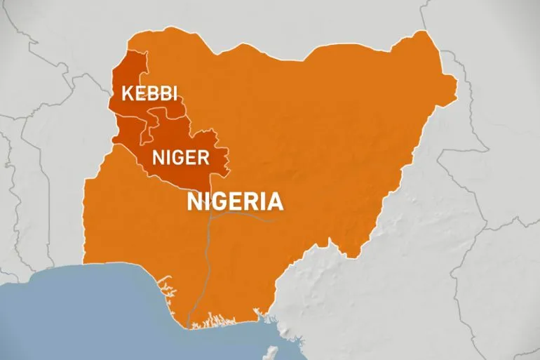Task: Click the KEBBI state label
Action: click(149, 93)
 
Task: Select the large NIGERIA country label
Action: click(235, 201)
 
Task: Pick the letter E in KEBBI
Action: click(140, 93)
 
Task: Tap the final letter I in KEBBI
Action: click(173, 93)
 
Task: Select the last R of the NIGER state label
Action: click(203, 156)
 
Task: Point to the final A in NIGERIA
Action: click(276, 201)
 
